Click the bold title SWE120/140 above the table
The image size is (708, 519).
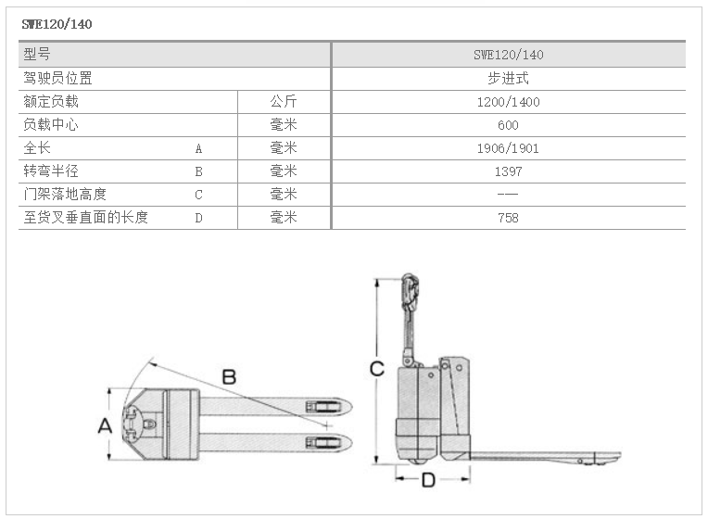[57, 24]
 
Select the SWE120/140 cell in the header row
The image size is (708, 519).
[509, 55]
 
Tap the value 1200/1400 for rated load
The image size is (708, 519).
[509, 102]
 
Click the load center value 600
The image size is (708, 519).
[508, 125]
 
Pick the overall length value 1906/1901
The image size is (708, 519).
[508, 148]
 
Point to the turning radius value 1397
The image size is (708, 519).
[509, 171]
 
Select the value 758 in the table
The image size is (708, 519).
[508, 218]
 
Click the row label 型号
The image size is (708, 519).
[37, 54]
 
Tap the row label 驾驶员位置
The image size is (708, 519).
[57, 78]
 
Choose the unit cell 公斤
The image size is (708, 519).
[284, 101]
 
